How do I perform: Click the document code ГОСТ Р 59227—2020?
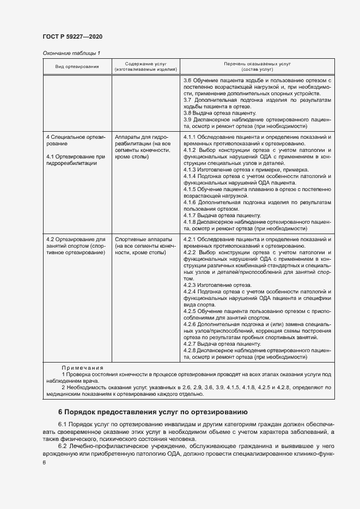click(x=72, y=36)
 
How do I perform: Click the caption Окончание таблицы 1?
click(x=71, y=53)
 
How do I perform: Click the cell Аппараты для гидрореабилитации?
click(x=142, y=146)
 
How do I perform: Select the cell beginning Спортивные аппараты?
click(x=144, y=246)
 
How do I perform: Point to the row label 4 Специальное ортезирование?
click(x=76, y=140)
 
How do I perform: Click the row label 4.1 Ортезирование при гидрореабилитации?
click(x=75, y=160)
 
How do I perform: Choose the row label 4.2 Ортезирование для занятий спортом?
click(x=76, y=246)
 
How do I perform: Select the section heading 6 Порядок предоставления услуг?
click(x=152, y=412)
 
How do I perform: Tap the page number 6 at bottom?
click(x=44, y=462)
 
